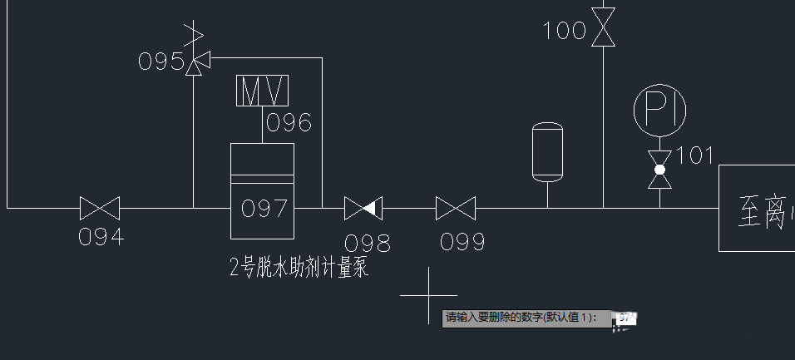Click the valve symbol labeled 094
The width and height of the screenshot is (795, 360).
pos(100,208)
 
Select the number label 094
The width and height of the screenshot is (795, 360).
pos(101,237)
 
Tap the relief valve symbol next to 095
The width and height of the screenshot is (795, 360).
pos(195,59)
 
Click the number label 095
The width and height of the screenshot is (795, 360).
pos(161,62)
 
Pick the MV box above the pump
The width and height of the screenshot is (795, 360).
pos(263,91)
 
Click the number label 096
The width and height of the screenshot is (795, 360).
pos(289,123)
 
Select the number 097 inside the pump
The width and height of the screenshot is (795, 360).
pos(264,208)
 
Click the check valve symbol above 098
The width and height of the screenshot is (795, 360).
pos(363,208)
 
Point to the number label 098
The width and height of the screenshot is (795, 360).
pos(368,243)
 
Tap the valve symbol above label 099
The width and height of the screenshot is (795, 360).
pos(455,208)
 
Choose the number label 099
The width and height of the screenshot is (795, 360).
pos(462,242)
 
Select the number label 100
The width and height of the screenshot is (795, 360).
pos(565,32)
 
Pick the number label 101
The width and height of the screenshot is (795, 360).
pos(695,155)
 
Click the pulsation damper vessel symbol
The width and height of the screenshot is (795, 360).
pos(547,150)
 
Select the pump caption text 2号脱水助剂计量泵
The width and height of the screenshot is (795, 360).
pos(298,268)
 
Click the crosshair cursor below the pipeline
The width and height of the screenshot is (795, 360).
pos(428,295)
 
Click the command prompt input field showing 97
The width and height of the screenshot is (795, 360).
pos(626,318)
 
